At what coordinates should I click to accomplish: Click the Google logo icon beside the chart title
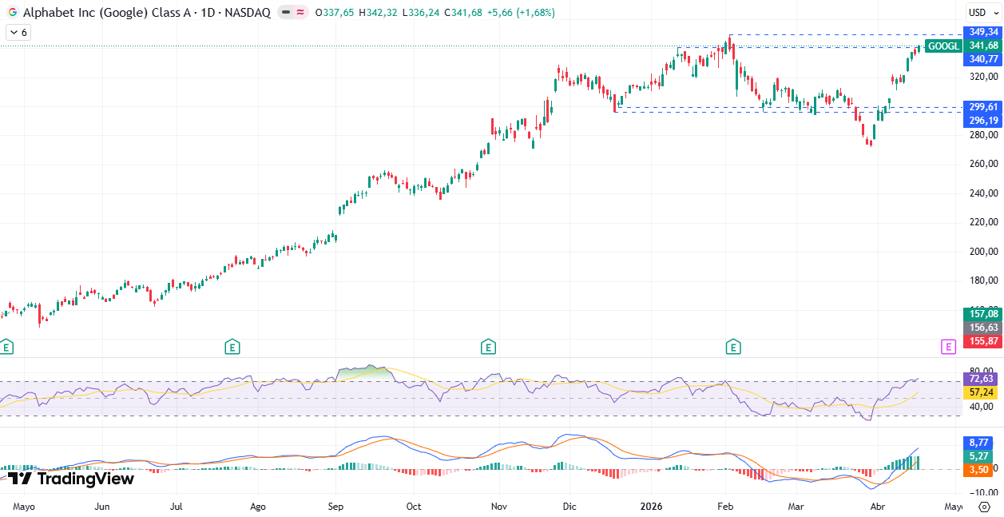[13, 13]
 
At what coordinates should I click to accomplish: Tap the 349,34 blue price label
[984, 32]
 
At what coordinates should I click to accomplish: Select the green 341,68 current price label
[984, 46]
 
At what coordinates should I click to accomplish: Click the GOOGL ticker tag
[944, 46]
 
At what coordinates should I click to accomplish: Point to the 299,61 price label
[983, 107]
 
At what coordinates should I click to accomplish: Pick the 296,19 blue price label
[983, 121]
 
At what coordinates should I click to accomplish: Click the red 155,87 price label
[983, 341]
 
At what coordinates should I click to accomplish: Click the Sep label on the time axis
[335, 507]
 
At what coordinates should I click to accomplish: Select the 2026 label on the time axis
[652, 507]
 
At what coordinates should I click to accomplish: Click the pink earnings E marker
[948, 347]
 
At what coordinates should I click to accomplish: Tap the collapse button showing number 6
[18, 33]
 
